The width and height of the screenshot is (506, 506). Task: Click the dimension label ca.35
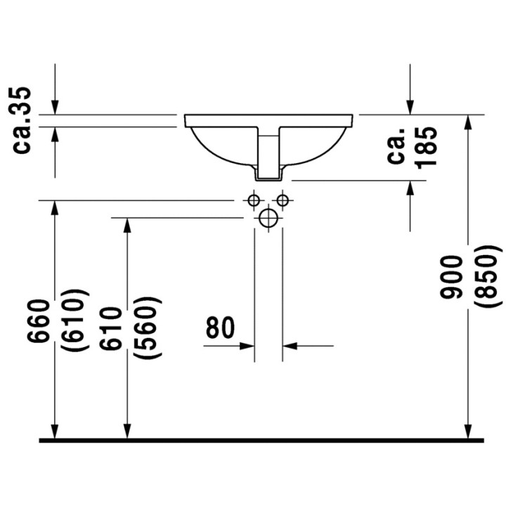[23, 119]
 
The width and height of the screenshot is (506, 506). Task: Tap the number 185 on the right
[426, 146]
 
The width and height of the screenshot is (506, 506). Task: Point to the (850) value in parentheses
[489, 277]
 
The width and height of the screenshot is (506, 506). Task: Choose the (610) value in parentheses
[74, 321]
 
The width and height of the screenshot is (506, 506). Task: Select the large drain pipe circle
[268, 219]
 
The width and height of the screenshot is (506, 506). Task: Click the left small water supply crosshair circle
[254, 200]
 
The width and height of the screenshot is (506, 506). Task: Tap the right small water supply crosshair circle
[283, 200]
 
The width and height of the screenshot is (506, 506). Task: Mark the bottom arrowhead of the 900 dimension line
[467, 430]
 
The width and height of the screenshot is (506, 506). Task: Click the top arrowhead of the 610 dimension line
[126, 225]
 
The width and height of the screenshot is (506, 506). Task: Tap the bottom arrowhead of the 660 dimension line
[54, 430]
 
